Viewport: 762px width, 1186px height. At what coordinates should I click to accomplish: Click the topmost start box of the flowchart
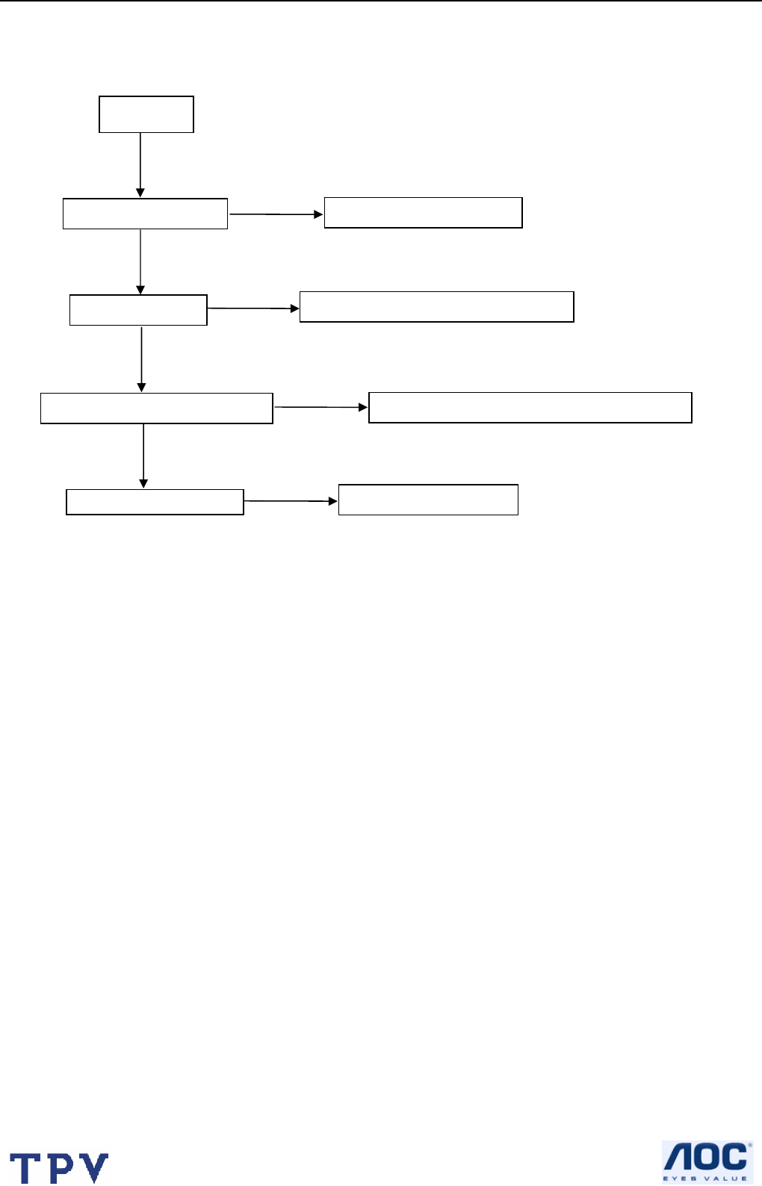click(146, 114)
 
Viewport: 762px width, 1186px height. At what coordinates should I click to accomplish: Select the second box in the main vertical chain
click(145, 214)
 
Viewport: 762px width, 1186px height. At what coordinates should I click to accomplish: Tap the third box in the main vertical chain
click(138, 310)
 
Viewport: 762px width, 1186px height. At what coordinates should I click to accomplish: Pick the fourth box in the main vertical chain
click(157, 409)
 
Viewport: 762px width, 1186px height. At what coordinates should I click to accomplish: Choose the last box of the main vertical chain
click(155, 502)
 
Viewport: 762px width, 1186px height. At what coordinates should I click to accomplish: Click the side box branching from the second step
click(423, 213)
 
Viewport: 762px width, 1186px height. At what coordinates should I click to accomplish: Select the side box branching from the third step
click(436, 307)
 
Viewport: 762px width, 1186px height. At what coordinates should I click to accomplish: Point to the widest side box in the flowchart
click(530, 408)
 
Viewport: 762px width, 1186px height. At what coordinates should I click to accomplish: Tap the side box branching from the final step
click(428, 500)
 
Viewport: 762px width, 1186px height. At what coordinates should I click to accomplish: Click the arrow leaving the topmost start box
click(140, 165)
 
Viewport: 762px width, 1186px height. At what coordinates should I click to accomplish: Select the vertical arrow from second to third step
click(140, 261)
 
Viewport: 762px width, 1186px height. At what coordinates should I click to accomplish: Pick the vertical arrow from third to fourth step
click(141, 358)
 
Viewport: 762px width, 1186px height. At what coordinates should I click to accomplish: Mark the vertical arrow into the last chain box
click(143, 456)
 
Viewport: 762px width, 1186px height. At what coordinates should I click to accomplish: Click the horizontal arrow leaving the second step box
click(276, 214)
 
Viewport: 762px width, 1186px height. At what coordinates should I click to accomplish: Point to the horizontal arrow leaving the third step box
click(253, 308)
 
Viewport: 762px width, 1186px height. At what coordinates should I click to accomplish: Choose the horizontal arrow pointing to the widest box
click(321, 407)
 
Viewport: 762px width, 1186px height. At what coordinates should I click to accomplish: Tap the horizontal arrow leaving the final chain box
click(291, 501)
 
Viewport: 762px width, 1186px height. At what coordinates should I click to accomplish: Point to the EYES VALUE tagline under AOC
click(706, 1178)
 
